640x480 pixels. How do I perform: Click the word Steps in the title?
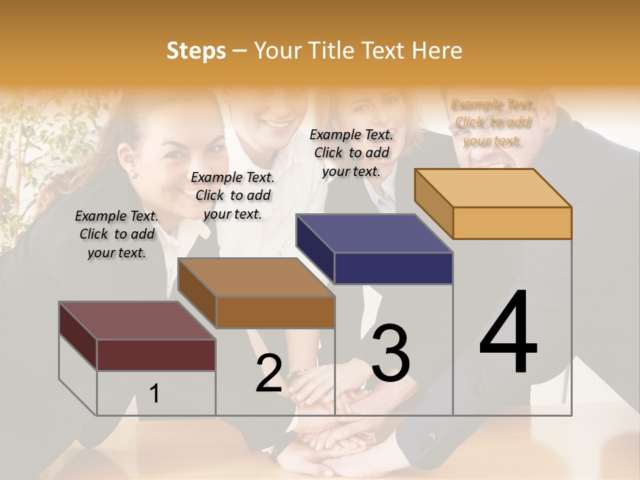point(196,51)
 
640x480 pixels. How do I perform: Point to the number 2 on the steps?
point(269,373)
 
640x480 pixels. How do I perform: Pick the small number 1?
point(155,393)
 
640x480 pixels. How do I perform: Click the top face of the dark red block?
point(136,321)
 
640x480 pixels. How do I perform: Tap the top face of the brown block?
point(256,277)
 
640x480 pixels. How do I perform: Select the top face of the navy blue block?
point(374,233)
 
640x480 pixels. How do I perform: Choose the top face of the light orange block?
point(493,187)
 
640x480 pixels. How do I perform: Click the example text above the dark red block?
point(117,234)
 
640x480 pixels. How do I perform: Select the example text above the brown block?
point(233,195)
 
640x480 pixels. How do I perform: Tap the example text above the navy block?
point(352,153)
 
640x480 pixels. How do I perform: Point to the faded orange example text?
point(493,122)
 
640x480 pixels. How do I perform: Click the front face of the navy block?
point(393,268)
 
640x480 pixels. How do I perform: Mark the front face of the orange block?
point(512,223)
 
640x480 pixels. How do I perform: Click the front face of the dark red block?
point(156,355)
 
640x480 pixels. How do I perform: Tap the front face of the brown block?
point(275,312)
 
